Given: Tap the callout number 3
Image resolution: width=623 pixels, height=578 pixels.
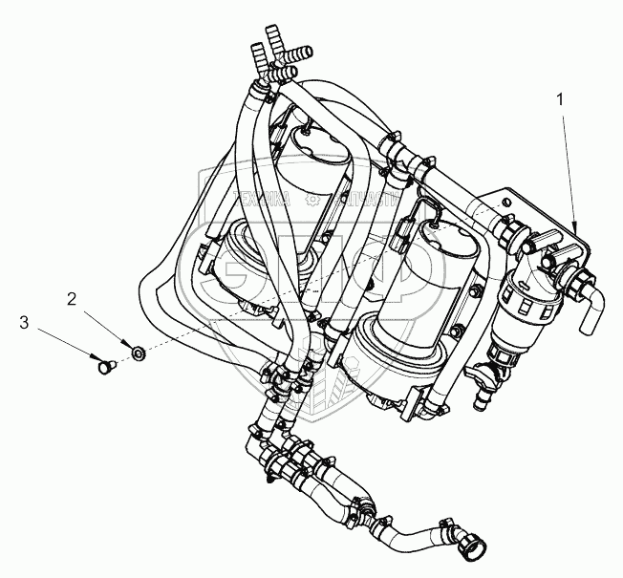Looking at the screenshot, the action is pos(24,324).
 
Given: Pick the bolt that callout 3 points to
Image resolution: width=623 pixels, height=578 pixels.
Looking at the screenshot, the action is pos(104,363).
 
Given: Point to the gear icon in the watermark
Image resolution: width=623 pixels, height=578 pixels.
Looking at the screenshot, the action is pos(311,200).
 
